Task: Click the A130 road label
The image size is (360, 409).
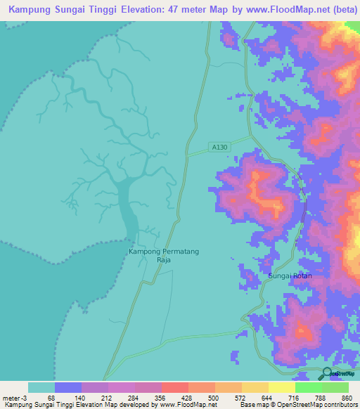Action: pyautogui.click(x=219, y=148)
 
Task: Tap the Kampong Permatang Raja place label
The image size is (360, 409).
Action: pyautogui.click(x=159, y=255)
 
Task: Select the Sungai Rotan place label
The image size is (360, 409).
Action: pyautogui.click(x=290, y=276)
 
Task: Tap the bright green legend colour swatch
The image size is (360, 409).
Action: pyautogui.click(x=308, y=387)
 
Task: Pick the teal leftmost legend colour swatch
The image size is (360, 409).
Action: pyautogui.click(x=41, y=387)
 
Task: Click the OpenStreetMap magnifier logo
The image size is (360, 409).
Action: pyautogui.click(x=326, y=373)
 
